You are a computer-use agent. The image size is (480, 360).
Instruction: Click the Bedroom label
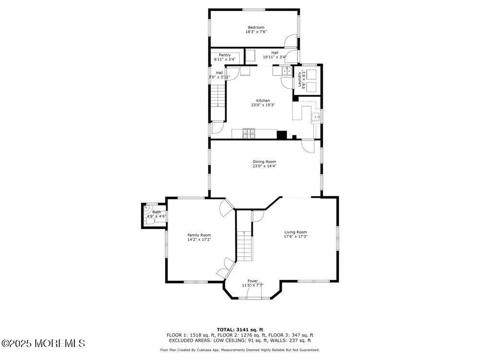[256, 27]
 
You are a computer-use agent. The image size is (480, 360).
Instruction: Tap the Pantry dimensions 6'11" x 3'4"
[225, 60]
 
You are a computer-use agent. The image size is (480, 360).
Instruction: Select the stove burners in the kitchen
[249, 133]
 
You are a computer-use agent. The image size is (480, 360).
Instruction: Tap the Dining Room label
[264, 162]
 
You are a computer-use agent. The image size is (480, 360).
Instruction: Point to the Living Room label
[295, 232]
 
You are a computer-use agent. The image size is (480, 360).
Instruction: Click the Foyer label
[252, 281]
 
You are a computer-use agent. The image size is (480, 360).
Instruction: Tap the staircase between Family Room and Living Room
[245, 245]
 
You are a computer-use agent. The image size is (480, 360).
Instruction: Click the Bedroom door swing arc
[290, 41]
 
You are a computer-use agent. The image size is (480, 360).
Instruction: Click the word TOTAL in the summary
[227, 329]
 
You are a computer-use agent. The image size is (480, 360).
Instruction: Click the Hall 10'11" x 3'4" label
[274, 55]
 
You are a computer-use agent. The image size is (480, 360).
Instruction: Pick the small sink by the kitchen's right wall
[316, 117]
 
